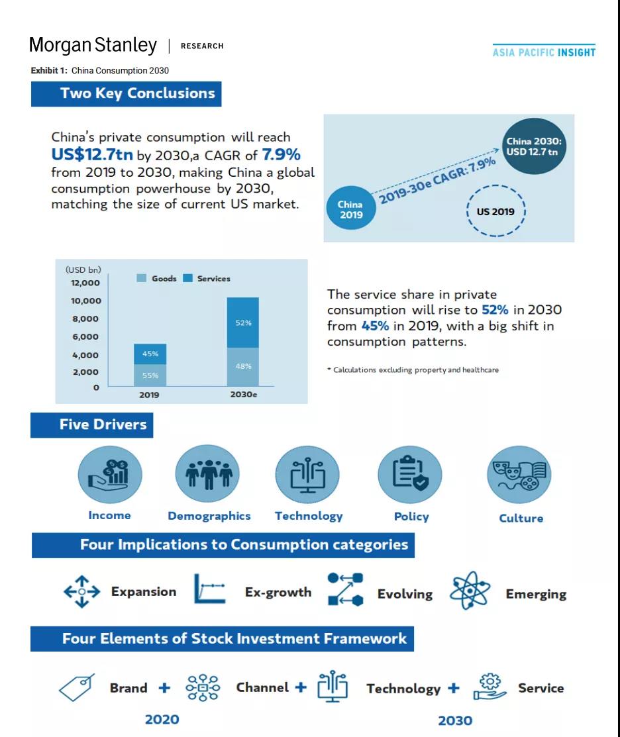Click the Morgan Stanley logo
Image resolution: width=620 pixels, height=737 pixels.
pos(93,45)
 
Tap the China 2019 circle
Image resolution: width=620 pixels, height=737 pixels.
pos(350,208)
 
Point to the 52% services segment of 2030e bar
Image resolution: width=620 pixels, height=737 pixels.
pos(242,322)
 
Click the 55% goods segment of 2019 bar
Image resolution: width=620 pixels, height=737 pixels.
pos(150,375)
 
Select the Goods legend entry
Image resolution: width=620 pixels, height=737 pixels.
pos(156,278)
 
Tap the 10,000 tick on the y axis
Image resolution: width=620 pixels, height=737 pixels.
pos(86,301)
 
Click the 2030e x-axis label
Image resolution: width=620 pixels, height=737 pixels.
pos(244,395)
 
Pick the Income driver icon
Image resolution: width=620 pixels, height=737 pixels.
pos(109,474)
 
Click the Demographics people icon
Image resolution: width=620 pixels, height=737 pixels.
pos(208,474)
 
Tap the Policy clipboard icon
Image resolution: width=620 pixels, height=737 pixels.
pos(410,474)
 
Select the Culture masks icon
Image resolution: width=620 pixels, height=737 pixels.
pos(519,474)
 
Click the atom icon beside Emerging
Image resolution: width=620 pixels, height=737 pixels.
pos(470,591)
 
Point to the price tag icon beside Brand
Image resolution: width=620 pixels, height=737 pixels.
pos(76,687)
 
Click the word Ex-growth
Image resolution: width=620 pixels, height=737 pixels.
pos(278,592)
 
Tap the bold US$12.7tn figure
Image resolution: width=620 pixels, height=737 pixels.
pos(92,155)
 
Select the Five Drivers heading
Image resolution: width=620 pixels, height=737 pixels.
pos(103,424)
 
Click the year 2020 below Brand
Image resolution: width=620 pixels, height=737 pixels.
pos(162,720)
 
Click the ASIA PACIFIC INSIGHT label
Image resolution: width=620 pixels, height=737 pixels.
pos(544,52)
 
